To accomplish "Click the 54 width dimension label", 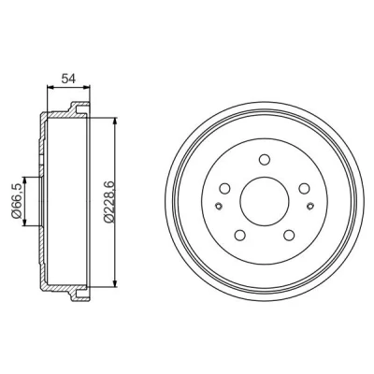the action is coord(68,79).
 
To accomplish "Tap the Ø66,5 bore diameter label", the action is coord(16,201).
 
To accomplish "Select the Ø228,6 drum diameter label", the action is coord(109,201).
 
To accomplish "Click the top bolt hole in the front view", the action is coord(265,159).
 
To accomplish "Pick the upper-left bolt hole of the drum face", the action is coord(224,188).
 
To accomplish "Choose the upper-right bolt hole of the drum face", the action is coord(304,188).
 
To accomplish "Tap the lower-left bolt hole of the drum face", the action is coord(239,235).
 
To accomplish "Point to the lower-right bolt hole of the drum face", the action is coord(289,235).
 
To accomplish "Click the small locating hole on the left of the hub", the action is coord(219,206).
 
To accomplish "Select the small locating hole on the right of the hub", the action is coord(310,206).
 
